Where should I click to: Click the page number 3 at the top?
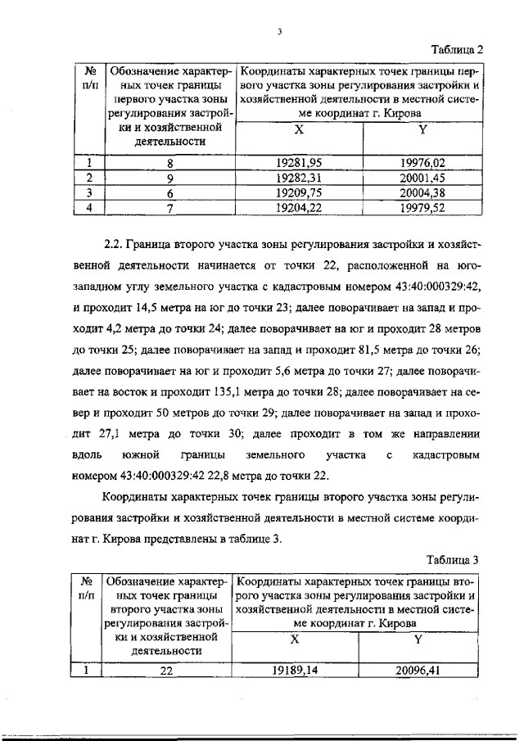[279, 32]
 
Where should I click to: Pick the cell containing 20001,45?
[422, 177]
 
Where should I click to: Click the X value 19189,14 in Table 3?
[300, 669]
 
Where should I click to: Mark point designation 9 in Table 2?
[169, 177]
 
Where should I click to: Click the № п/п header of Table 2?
[91, 76]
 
